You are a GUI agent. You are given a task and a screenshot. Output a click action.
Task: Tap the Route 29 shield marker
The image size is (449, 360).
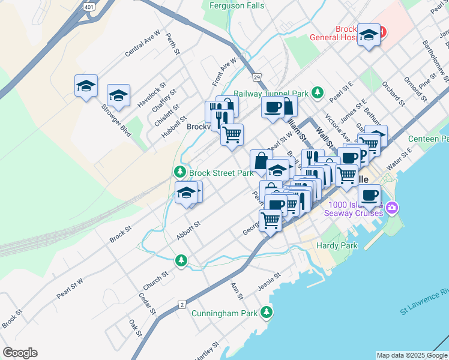pos(256,77)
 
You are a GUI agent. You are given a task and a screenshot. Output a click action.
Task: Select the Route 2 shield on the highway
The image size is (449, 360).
pos(181,305)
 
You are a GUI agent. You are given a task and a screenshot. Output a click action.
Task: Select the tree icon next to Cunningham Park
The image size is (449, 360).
pos(266,313)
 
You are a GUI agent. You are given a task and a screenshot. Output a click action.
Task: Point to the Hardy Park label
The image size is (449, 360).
pos(337,245)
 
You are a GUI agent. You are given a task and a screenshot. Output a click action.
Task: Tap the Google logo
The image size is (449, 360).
pos(20,353)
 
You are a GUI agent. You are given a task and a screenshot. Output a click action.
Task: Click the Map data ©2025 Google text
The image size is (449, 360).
pos(412,355)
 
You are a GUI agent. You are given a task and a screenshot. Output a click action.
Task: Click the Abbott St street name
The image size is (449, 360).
pos(188,230)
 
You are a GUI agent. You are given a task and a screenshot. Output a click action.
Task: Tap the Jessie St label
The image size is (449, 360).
pos(269,280)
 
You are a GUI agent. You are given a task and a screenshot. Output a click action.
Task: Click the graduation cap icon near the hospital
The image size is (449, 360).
pos(368,34)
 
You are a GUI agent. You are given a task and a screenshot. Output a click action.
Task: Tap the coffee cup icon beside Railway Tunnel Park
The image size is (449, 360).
pos(273,107)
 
